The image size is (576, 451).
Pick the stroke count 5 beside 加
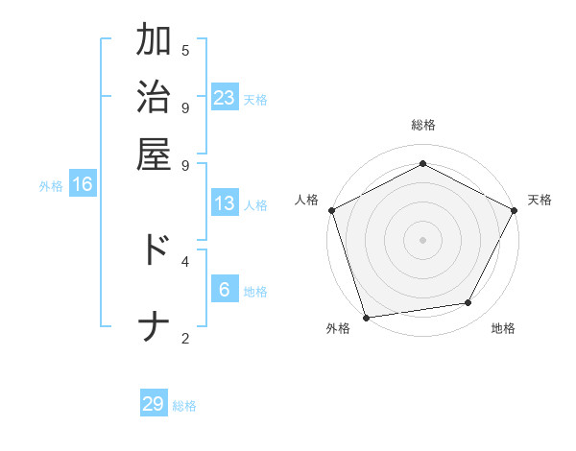click(185, 50)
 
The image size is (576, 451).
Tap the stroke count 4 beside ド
click(185, 259)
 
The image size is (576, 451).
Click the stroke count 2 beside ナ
click(185, 337)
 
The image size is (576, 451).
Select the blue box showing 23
click(225, 97)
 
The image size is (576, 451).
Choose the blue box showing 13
click(225, 203)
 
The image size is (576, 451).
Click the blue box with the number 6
click(225, 290)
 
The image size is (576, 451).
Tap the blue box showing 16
click(83, 185)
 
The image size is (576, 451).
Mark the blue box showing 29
click(154, 404)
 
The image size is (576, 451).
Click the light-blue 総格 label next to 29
click(184, 406)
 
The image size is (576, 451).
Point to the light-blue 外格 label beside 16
click(51, 186)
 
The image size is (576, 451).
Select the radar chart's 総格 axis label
click(422, 125)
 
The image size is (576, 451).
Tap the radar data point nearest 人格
click(331, 209)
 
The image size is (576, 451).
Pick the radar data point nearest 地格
click(468, 303)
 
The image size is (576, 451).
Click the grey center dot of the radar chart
click(422, 239)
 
